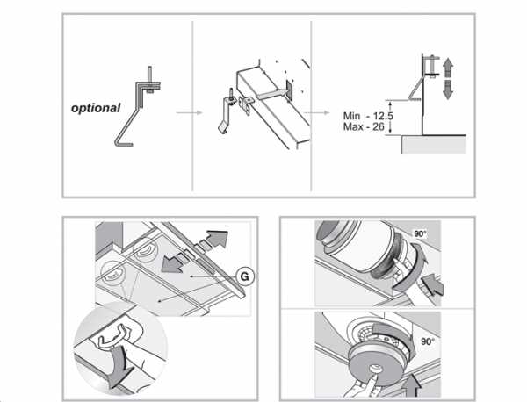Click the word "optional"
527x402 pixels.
click(x=96, y=109)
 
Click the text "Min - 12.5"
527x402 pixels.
click(x=368, y=115)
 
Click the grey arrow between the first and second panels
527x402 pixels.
click(x=184, y=112)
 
